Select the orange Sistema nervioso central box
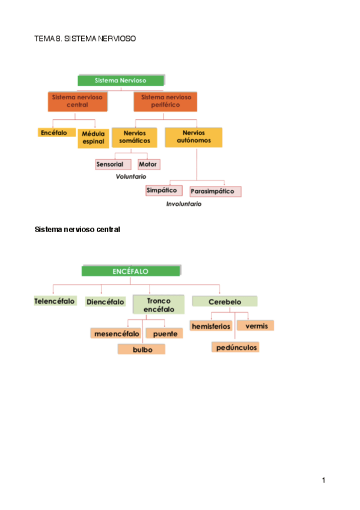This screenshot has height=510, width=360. point(78,101)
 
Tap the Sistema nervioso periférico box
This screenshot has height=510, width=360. point(165,101)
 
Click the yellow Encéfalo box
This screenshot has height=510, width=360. point(53,132)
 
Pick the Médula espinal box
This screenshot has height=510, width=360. point(93,138)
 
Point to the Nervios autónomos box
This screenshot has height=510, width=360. point(193,137)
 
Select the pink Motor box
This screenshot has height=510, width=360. point(148,164)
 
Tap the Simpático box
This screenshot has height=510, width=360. point(163,190)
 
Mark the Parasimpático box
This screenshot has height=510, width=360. point(215,192)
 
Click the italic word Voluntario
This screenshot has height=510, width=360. point(131,177)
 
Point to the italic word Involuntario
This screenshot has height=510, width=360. point(183,204)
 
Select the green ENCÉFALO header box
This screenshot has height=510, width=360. point(130,271)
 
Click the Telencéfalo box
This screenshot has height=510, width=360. point(56,301)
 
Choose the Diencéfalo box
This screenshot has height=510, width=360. point(105,301)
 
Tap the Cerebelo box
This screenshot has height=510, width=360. point(224,301)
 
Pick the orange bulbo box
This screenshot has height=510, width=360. point(142,349)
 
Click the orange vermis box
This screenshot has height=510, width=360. point(256,325)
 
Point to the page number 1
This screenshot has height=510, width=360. point(323,480)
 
